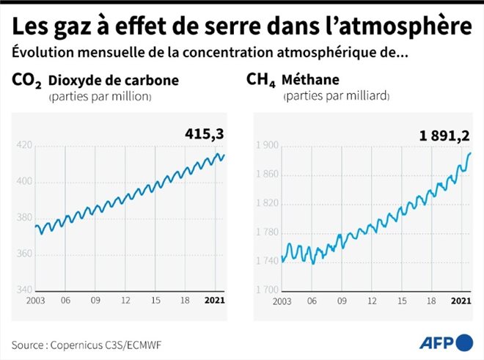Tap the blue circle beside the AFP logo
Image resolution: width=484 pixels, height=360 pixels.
[464, 342]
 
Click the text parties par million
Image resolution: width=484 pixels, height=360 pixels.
[100, 97]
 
